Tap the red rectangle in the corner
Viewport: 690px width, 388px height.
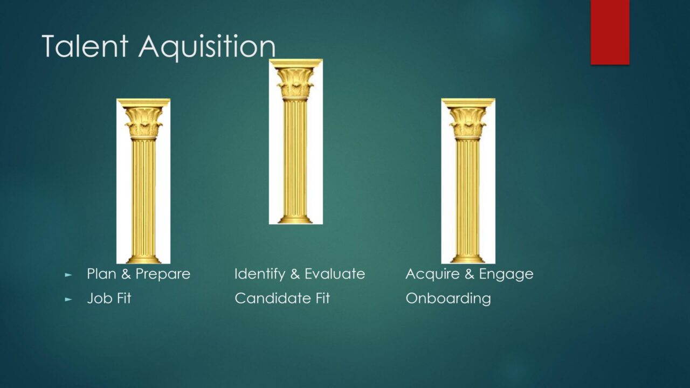pyautogui.click(x=610, y=32)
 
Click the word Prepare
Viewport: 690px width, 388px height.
pyautogui.click(x=163, y=274)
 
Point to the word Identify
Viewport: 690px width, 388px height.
pyautogui.click(x=260, y=274)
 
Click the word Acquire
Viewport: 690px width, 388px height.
pyautogui.click(x=432, y=274)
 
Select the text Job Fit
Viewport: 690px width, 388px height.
pyautogui.click(x=109, y=298)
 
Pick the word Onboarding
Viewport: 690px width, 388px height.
pyautogui.click(x=448, y=299)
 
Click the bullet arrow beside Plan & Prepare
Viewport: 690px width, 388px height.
pyautogui.click(x=68, y=274)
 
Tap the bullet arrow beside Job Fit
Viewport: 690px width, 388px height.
pyautogui.click(x=68, y=299)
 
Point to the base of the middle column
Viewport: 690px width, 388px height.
pyautogui.click(x=295, y=219)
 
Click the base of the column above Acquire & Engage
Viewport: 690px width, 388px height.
pyautogui.click(x=467, y=259)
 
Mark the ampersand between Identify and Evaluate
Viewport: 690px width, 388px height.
pyautogui.click(x=295, y=274)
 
